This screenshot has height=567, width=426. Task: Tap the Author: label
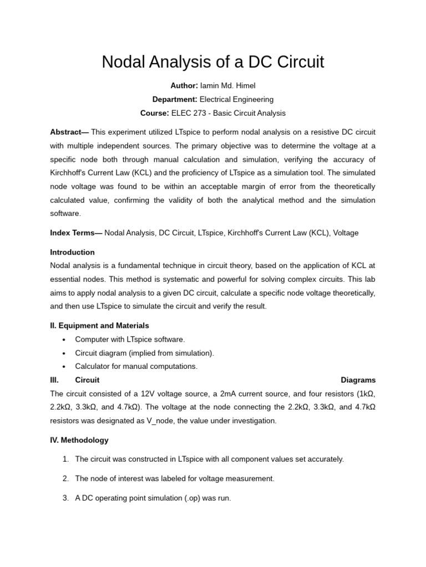(x=184, y=86)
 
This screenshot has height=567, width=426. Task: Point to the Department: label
(x=175, y=100)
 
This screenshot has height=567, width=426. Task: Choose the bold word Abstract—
(x=69, y=132)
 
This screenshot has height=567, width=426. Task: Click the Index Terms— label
(x=76, y=233)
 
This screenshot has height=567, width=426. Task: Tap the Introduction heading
(x=72, y=252)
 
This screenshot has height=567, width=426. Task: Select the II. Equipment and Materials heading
(x=99, y=326)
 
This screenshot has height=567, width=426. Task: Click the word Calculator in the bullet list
(x=93, y=367)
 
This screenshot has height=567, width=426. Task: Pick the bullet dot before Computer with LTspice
(x=64, y=339)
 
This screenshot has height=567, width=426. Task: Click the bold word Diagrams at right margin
(x=358, y=380)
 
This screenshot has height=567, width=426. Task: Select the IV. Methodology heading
(x=79, y=440)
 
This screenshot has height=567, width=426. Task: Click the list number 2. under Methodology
(x=65, y=478)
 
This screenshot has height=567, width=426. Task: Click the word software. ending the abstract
(x=65, y=213)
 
